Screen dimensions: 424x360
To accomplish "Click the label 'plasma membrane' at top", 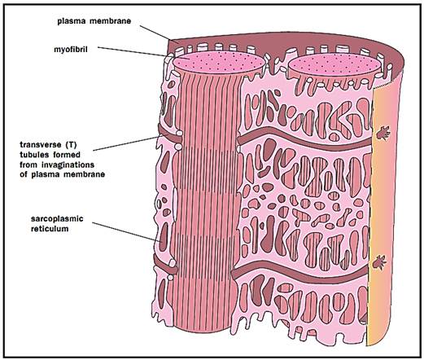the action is (x=94, y=21).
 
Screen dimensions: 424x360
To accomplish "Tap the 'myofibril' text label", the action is (x=71, y=50).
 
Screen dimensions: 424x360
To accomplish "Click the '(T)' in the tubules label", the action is (x=71, y=144).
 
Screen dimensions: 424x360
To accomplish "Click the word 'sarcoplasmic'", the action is (x=57, y=218).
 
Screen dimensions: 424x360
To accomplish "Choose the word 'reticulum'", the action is (x=50, y=229).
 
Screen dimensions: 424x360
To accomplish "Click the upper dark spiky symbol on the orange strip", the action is (x=383, y=133).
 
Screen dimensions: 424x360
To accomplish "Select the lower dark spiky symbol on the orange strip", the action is (x=379, y=262).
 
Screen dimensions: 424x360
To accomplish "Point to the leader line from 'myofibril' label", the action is (x=133, y=52).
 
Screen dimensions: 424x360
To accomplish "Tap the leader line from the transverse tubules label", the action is (x=126, y=143).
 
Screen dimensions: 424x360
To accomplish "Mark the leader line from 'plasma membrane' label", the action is (x=159, y=34).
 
